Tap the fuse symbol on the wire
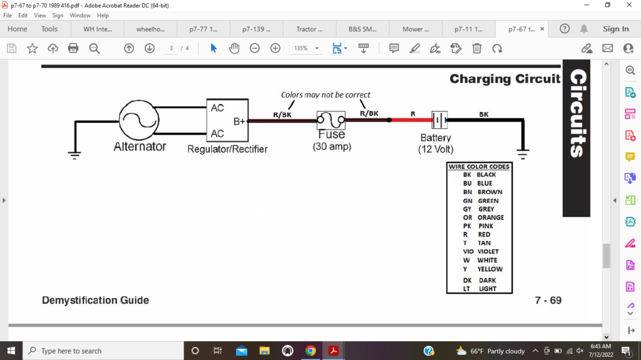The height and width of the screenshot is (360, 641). (331, 120)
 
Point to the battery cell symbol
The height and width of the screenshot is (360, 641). (439, 120)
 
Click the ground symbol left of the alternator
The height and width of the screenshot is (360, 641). (75, 154)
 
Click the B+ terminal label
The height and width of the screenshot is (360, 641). (240, 121)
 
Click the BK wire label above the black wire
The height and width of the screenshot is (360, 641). (484, 114)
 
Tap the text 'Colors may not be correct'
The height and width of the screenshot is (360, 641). (326, 95)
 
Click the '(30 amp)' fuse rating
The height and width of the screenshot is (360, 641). (332, 147)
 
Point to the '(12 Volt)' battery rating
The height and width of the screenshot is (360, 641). (436, 150)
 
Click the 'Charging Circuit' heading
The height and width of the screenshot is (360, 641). (505, 79)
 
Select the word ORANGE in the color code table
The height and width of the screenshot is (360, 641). (491, 217)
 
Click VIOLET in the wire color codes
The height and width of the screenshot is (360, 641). (488, 251)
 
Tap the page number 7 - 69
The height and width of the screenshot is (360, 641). (548, 301)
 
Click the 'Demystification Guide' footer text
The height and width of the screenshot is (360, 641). (95, 301)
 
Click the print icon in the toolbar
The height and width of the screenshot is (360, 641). (73, 48)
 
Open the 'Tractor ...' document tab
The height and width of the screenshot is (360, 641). (310, 29)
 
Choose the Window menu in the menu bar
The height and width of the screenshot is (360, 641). (80, 15)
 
